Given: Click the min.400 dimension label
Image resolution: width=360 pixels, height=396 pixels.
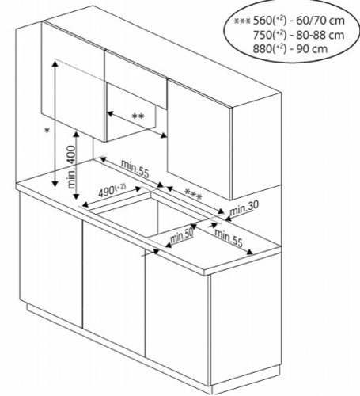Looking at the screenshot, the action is click(71, 167).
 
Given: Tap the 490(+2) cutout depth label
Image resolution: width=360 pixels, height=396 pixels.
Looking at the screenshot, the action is click(112, 191).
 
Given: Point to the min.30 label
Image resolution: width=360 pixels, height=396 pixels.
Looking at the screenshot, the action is click(244, 208).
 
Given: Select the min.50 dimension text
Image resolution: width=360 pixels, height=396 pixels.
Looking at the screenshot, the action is click(182, 236).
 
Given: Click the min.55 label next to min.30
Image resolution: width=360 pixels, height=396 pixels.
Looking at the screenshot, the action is click(229, 238).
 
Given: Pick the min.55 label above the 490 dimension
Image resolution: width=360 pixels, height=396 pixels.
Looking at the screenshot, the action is click(135, 169).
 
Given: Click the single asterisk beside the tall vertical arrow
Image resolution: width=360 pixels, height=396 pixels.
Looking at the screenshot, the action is click(47, 131).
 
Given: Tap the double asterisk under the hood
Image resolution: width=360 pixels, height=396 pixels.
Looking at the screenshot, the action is click(138, 116).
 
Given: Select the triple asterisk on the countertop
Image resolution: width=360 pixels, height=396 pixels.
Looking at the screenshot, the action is click(193, 195).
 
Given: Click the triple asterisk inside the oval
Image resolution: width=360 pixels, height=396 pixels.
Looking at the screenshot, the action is click(242, 21).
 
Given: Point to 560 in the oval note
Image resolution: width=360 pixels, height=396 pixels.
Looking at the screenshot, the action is click(263, 21).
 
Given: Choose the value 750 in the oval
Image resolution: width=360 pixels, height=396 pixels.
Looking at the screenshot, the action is click(263, 35).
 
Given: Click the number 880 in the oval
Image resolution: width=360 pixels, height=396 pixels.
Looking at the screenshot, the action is click(263, 49).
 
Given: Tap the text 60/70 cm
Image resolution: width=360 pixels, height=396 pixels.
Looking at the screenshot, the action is click(320, 21).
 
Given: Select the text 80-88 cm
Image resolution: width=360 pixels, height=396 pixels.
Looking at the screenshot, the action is click(320, 35).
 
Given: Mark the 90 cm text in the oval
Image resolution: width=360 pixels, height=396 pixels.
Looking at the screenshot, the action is click(312, 49).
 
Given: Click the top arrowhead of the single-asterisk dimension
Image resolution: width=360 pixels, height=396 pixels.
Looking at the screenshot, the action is click(55, 63).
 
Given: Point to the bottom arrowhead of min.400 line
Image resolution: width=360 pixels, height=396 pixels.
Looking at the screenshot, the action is click(76, 196).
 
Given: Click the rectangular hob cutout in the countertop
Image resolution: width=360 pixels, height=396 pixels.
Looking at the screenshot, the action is click(148, 214).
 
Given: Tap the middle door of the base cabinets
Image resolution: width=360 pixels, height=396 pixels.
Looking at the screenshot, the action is click(114, 285).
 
